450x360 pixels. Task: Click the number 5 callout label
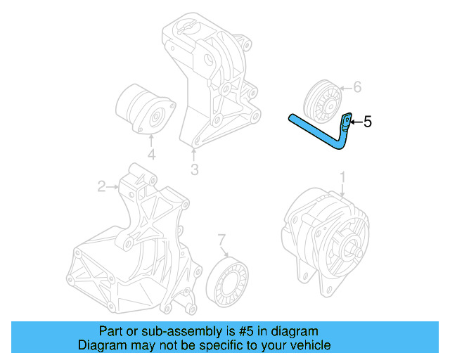367,122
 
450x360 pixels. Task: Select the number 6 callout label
356,87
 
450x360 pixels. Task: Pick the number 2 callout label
102,186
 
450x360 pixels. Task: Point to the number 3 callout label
194,169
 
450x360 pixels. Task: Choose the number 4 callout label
150,155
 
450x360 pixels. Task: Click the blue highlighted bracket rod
316,131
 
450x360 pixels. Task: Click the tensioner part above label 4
144,109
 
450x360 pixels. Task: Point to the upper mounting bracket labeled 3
211,77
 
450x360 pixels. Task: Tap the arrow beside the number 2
113,186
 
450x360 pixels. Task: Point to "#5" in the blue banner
236,331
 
